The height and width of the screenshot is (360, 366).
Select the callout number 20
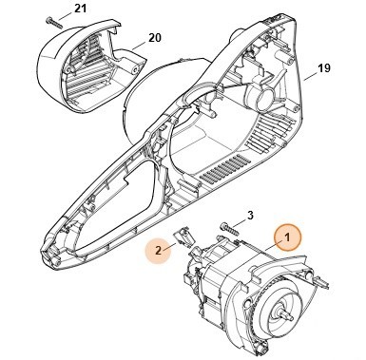[x=152, y=41]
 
